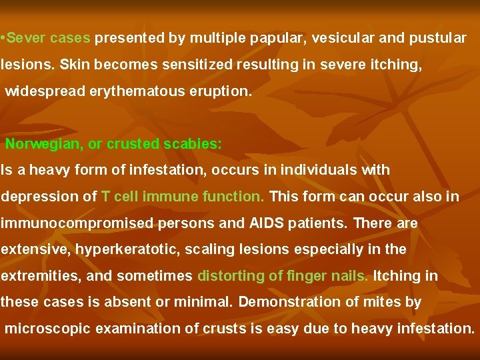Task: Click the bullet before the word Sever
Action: [3, 38]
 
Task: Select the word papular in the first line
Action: [273, 38]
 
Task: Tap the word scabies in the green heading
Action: [197, 144]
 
